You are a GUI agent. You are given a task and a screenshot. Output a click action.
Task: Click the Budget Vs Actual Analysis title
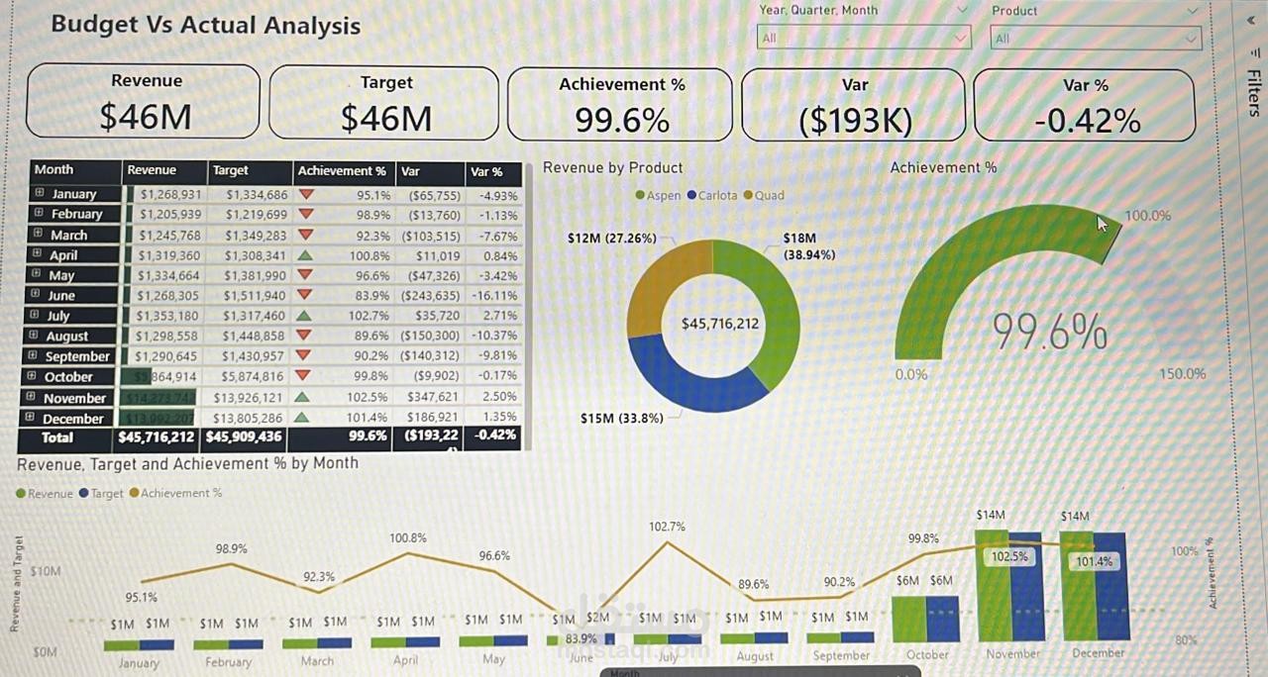click(205, 25)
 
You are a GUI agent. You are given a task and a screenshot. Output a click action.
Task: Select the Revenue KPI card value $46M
click(146, 117)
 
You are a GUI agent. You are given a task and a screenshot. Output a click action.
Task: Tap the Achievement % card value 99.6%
click(622, 121)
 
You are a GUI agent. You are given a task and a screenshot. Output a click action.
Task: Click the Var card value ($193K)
click(855, 121)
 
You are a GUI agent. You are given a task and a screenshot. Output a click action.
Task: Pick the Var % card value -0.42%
click(1087, 121)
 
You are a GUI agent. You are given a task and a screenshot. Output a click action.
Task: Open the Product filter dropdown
click(1096, 38)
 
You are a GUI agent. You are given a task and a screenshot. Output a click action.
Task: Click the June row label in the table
click(61, 295)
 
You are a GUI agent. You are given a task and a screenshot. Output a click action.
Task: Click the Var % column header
click(486, 171)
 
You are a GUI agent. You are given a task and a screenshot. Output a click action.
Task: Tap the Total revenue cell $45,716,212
click(157, 436)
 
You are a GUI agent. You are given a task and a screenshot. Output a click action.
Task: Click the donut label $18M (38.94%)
click(808, 245)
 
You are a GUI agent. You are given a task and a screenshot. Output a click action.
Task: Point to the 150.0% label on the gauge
click(1182, 373)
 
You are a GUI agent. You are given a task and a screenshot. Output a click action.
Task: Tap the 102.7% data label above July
click(667, 527)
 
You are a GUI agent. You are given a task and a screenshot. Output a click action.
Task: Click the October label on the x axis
click(927, 654)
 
